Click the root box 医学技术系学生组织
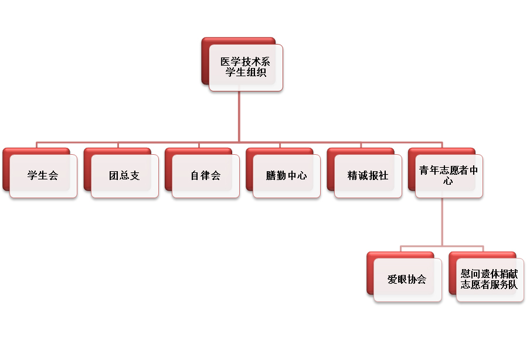click(246, 67)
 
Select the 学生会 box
click(43, 175)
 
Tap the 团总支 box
click(124, 175)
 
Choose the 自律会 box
click(205, 175)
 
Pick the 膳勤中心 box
click(287, 175)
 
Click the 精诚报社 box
click(368, 175)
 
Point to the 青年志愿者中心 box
click(449, 175)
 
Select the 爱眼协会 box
click(407, 280)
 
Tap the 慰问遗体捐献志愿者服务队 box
click(490, 280)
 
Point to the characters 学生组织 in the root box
click(246, 73)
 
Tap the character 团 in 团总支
click(114, 176)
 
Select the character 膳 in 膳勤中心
click(271, 176)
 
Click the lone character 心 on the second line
click(449, 182)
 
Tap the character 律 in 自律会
click(205, 176)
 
